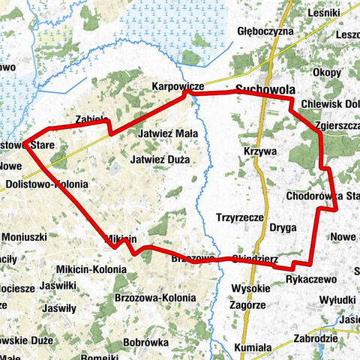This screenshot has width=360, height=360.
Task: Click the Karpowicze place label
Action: click(178, 86)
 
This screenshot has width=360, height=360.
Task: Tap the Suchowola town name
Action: click(264, 89)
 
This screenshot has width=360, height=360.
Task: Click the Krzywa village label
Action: click(260, 151)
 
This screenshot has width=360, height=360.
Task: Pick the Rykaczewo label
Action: click(311, 278)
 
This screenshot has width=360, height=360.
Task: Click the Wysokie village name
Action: click(250, 288)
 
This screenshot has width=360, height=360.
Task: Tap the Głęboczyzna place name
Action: click(264, 32)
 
